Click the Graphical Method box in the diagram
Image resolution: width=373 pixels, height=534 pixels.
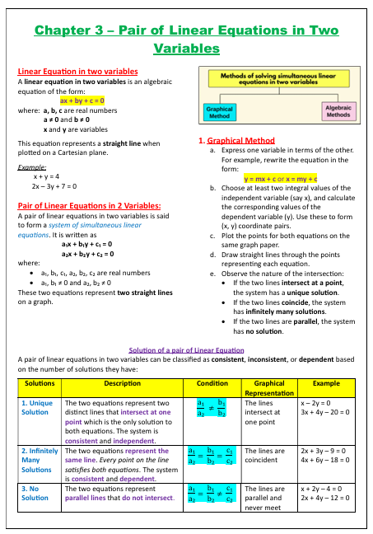pos(218,112)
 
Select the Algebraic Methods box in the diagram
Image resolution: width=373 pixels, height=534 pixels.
pos(338,111)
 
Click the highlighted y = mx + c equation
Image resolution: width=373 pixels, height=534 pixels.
pos(281,178)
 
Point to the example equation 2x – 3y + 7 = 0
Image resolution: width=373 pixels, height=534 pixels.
pos(54,186)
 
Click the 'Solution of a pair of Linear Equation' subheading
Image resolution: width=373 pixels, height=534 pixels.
pos(186,350)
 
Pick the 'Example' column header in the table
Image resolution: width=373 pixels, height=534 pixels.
pos(326,384)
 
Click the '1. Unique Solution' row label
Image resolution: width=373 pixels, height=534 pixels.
pos(35,408)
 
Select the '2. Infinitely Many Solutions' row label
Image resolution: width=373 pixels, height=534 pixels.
pos(36,460)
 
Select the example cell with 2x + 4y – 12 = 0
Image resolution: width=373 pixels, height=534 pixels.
pos(327,498)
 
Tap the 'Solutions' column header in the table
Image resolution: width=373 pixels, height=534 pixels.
pos(40,384)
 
